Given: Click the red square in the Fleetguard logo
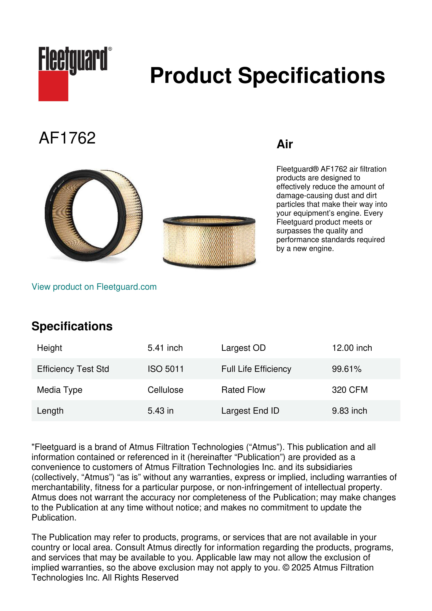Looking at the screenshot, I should pos(53,86).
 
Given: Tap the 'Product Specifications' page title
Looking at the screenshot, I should pos(267,76).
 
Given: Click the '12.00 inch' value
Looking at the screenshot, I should pos(352,348).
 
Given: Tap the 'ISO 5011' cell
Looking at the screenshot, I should pos(165,369).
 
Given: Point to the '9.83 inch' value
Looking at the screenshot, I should pos(349,411).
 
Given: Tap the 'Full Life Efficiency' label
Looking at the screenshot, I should pos(256,369).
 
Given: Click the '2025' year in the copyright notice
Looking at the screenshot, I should pos(301,568).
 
